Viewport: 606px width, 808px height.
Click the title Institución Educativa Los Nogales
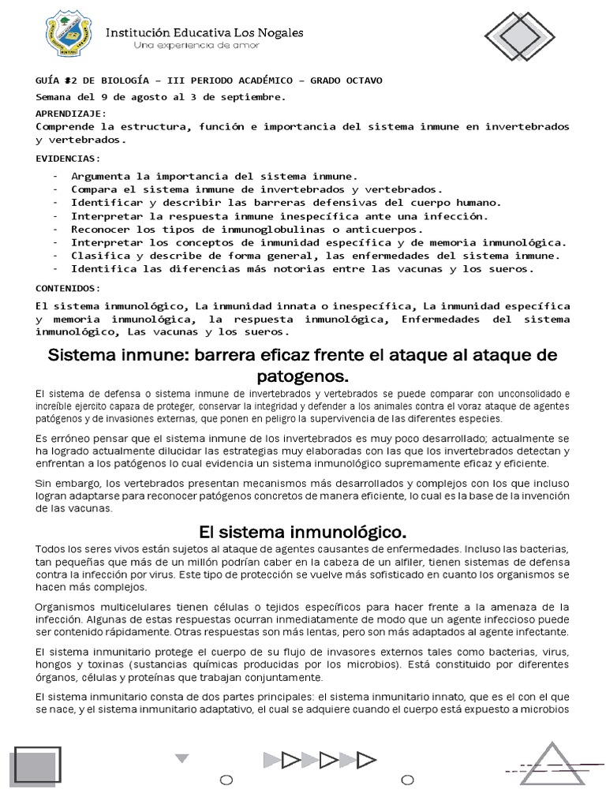point(205,32)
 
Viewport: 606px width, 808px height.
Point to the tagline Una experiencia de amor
point(196,46)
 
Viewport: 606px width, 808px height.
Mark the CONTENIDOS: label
point(69,288)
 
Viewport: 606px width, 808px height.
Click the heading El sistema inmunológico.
point(303,529)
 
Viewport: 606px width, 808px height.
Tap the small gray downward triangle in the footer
point(182,759)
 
